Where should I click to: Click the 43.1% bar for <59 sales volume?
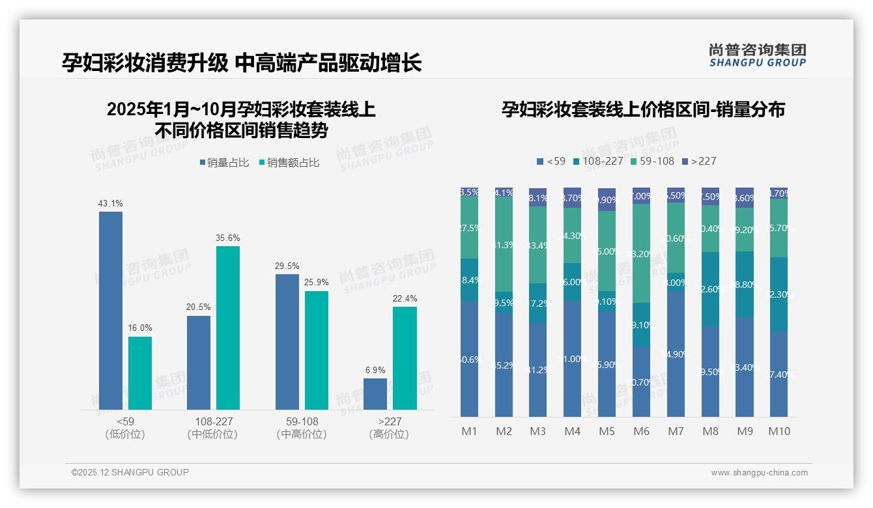tap(111, 311)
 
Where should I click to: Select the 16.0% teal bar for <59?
tap(140, 373)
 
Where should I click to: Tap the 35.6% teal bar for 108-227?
tap(228, 328)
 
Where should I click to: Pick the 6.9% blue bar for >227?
tap(375, 394)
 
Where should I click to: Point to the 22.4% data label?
tap(405, 298)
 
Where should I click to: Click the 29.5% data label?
tap(287, 266)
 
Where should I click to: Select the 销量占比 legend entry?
tap(224, 163)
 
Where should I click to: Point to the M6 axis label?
tap(641, 431)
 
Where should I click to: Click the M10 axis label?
tap(779, 431)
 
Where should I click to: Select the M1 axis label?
tap(469, 431)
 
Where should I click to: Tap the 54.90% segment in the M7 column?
tap(676, 354)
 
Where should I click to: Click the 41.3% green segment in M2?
tap(504, 244)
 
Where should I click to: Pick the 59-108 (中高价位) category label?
tap(302, 428)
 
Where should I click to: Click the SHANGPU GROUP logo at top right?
tap(757, 55)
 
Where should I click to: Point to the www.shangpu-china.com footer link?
tap(759, 473)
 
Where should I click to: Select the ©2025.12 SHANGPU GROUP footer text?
tap(130, 472)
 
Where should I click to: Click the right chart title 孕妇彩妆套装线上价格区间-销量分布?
tap(643, 109)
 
